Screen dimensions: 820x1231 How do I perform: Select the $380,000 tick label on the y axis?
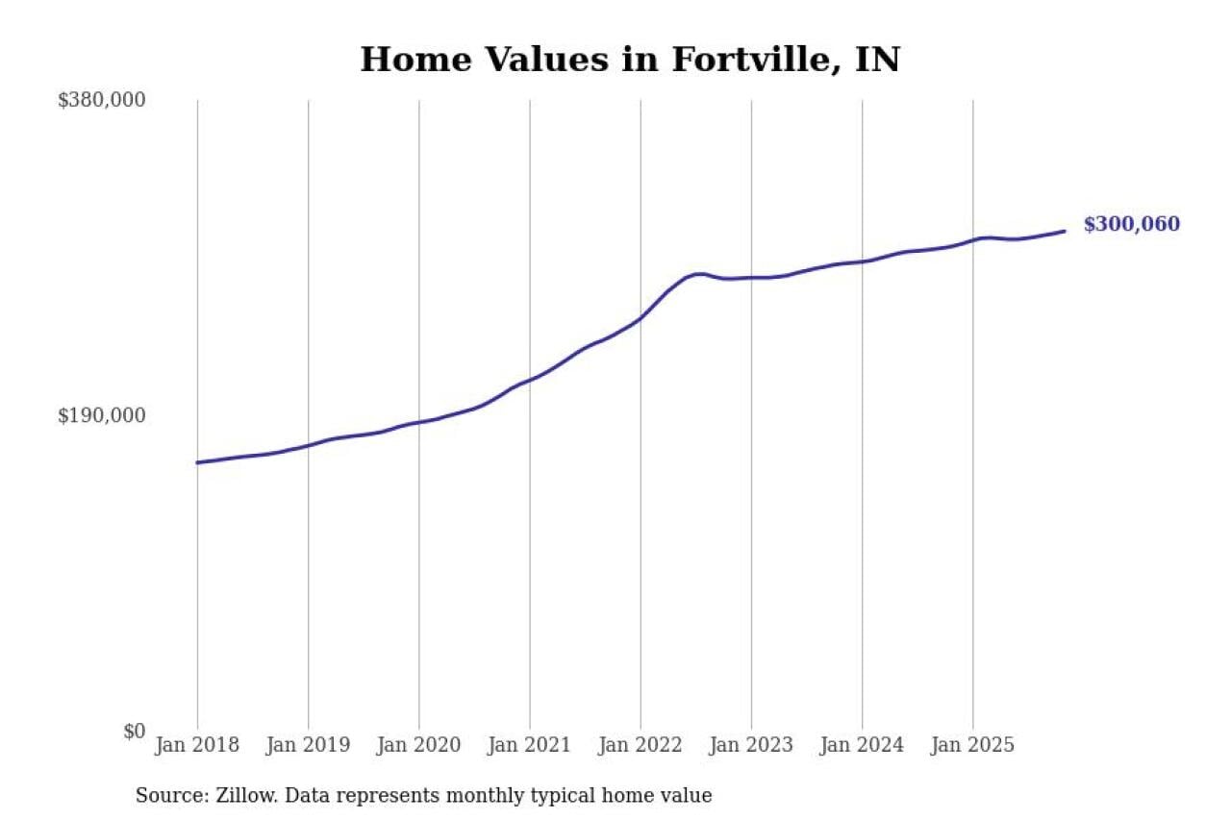[102, 100]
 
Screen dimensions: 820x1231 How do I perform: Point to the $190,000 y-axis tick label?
[102, 415]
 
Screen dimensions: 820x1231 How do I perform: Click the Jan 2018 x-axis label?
[197, 745]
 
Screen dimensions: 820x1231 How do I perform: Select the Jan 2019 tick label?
[308, 745]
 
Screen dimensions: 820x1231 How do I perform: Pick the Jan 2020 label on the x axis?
[418, 745]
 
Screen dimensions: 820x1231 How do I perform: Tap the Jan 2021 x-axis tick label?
[529, 745]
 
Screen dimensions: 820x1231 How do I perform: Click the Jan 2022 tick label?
[640, 745]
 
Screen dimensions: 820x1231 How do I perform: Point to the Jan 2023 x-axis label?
[751, 745]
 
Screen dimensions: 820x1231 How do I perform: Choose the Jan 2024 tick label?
[862, 745]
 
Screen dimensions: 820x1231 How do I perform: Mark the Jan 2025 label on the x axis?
[972, 745]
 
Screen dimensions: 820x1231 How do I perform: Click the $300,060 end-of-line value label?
[1131, 225]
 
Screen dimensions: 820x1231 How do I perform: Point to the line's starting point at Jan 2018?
[197, 462]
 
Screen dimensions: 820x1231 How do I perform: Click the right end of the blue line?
[1065, 231]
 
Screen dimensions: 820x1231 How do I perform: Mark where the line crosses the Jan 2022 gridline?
[641, 318]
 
